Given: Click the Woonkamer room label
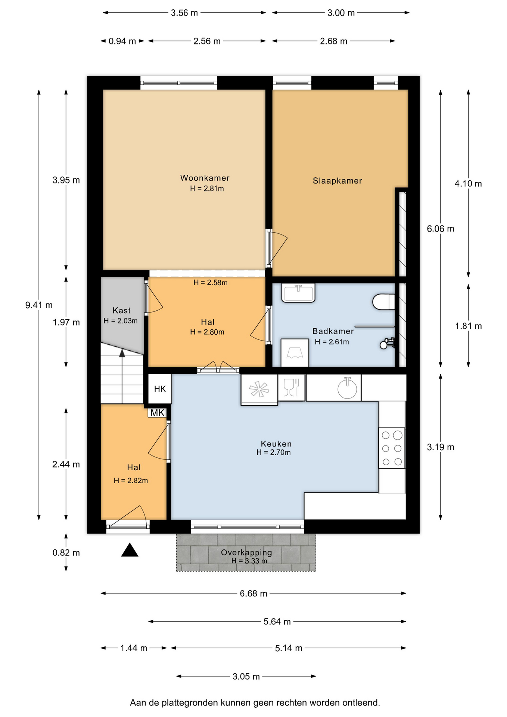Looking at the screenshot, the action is tap(205, 178).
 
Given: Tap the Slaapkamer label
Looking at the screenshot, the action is tap(338, 181).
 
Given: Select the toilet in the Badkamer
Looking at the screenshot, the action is tap(383, 302).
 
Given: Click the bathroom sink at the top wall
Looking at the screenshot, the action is tap(298, 293).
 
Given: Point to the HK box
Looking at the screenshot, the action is tap(160, 389).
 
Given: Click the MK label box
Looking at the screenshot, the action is tap(157, 413).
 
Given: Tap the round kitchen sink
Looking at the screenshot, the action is tap(347, 388).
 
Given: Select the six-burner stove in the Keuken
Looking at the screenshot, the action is tap(392, 448).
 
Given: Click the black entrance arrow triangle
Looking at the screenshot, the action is tap(130, 550).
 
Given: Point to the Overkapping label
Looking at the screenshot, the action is tap(246, 552).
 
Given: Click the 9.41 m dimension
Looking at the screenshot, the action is tap(39, 305).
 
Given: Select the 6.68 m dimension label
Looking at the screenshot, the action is tap(253, 593).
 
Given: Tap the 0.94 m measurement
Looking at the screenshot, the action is tap(122, 41).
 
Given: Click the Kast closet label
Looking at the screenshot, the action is tap(122, 310).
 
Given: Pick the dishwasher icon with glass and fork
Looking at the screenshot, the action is tap(292, 388).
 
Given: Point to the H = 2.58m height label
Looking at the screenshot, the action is tap(211, 283).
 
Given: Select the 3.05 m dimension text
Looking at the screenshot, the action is tap(246, 676).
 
